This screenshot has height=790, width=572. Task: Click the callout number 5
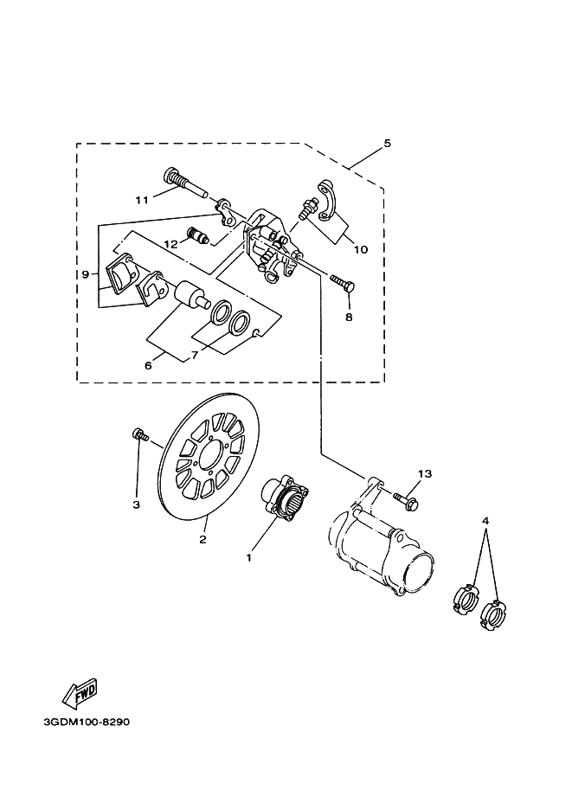(387, 144)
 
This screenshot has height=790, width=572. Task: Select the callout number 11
(142, 200)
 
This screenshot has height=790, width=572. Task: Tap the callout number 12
(170, 245)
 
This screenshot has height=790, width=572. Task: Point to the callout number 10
(361, 249)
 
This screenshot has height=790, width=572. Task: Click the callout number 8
(349, 317)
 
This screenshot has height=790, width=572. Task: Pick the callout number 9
(85, 274)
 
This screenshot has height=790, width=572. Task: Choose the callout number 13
(424, 474)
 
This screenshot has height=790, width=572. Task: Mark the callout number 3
(136, 504)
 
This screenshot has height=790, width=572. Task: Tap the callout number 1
(249, 558)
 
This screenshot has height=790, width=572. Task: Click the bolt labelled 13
(404, 498)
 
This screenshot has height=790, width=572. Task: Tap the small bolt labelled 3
(138, 435)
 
